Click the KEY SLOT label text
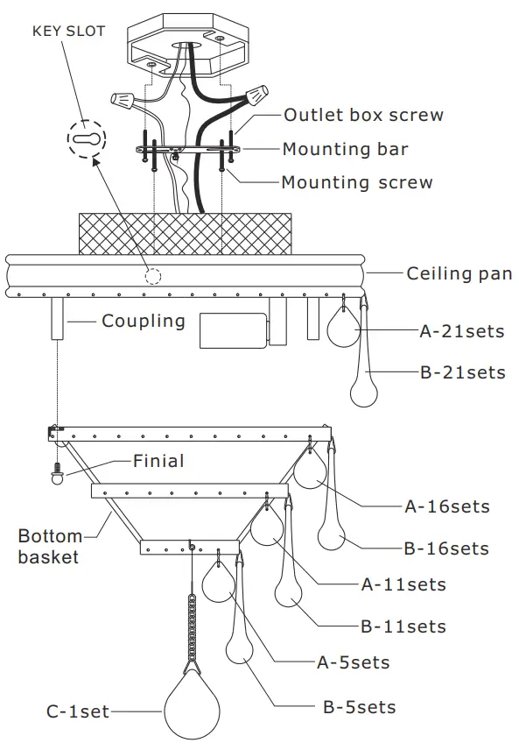coord(68,32)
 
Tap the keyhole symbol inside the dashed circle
coord(86,139)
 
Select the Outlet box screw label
coord(363,115)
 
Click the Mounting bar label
coord(345,149)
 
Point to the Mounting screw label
coord(356,182)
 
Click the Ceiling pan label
coord(459,273)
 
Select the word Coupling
coord(144,321)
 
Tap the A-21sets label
coord(462,331)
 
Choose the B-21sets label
coord(463,372)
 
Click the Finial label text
coord(158,460)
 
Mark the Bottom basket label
coord(50,546)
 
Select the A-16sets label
coord(447,506)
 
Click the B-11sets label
coord(403,626)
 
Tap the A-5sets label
coord(353,662)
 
